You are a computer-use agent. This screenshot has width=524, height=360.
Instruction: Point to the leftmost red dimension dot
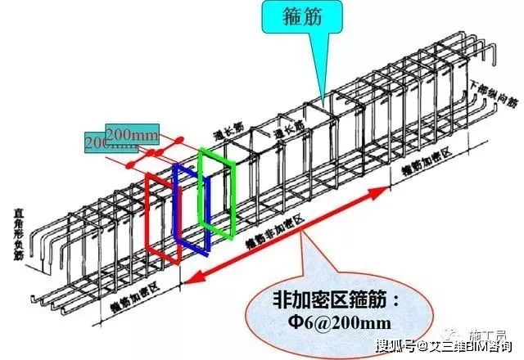(129, 166)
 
